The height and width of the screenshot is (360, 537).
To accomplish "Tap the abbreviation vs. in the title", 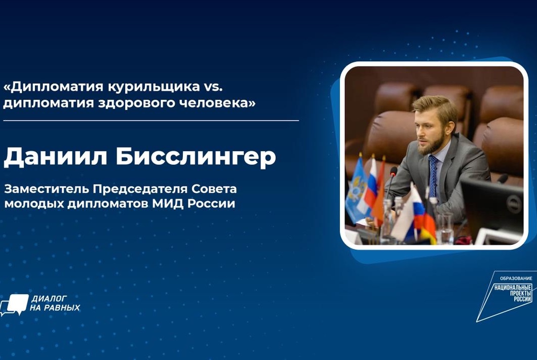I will tap(211, 87).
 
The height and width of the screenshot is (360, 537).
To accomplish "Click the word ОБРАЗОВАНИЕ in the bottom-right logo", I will tap(516, 278).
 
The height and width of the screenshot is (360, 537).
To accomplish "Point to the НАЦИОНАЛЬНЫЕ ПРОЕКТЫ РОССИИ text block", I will tap(513, 293).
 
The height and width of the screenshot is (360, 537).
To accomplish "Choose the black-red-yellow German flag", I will tap(428, 224).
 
